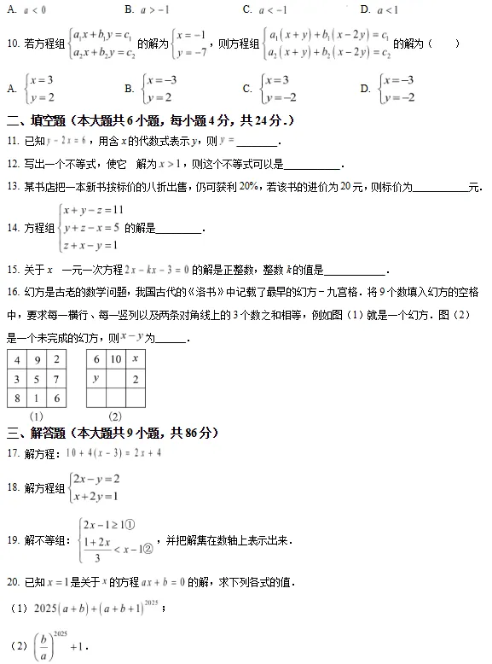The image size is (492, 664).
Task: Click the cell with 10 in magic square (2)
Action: pyautogui.click(x=116, y=359)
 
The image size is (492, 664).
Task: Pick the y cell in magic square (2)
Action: pyautogui.click(x=96, y=378)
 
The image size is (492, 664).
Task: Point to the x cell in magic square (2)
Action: pyautogui.click(x=136, y=359)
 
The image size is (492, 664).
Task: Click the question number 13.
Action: pyautogui.click(x=12, y=186)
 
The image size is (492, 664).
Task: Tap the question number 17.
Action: pyautogui.click(x=12, y=452)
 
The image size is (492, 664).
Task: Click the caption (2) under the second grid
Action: pyautogui.click(x=116, y=416)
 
